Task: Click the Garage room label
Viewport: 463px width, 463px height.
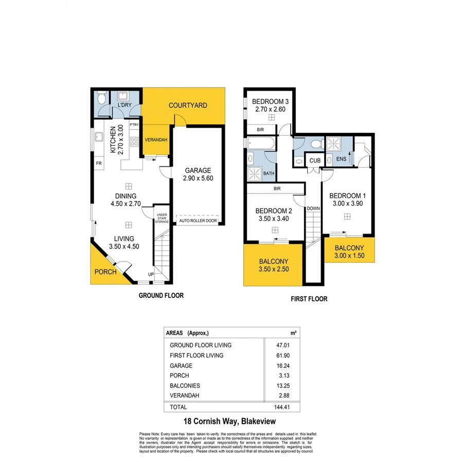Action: coord(198,171)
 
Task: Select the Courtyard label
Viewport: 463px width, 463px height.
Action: coord(188,105)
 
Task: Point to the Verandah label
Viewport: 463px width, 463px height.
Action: coord(155,140)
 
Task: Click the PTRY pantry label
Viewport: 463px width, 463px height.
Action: coord(134,124)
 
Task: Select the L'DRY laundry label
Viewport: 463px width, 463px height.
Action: coord(124,105)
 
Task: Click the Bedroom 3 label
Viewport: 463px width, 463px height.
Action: coord(270,101)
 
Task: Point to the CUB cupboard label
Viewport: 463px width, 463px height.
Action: coord(314,161)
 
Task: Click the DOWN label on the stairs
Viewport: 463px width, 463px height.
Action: coord(313,208)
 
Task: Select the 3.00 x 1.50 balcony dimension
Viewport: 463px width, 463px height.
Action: coord(349,256)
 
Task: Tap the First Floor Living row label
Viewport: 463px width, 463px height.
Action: coord(197,355)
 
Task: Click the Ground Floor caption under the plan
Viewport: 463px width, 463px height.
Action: coord(161,296)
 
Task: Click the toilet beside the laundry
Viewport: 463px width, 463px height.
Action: coord(102,98)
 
